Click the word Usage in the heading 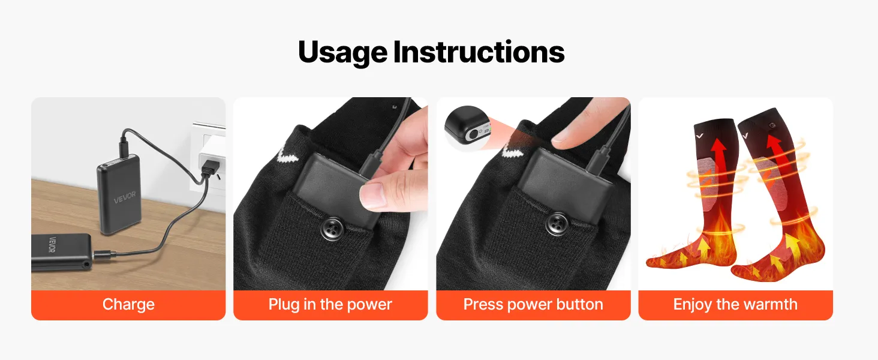click(342, 52)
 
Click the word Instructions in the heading click(479, 52)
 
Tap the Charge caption click(128, 305)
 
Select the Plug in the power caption click(330, 305)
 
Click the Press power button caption click(533, 305)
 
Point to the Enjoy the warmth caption click(735, 305)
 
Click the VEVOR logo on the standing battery click(125, 197)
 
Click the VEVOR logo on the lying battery click(52, 245)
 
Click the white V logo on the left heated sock click(700, 136)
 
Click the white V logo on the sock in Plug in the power click(285, 155)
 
